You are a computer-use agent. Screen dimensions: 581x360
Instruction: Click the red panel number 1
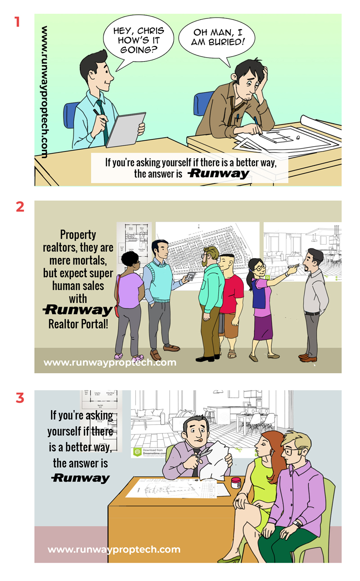click(18, 22)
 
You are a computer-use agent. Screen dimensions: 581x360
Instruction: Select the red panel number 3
click(19, 398)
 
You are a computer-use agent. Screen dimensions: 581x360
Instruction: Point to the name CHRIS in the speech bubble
click(148, 31)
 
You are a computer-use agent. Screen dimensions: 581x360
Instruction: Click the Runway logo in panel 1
click(219, 174)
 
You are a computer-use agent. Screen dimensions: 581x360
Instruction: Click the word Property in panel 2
click(78, 234)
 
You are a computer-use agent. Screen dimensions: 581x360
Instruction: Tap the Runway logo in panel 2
click(77, 310)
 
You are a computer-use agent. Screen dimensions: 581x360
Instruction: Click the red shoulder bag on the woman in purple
click(117, 311)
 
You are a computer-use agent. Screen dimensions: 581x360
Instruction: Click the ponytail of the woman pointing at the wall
click(248, 281)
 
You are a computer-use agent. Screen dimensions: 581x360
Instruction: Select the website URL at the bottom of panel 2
click(110, 362)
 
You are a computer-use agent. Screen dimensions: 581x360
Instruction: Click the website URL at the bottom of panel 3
click(114, 549)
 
